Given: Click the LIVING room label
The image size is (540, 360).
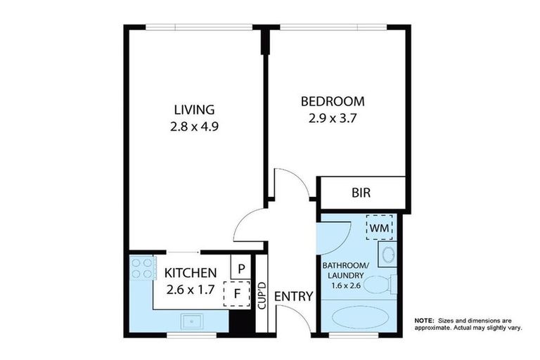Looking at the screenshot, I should (194, 110).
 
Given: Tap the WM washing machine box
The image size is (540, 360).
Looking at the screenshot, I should (380, 227).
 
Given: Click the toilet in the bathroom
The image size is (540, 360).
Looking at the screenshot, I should (382, 285).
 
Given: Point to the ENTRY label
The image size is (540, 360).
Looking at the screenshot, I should (292, 297).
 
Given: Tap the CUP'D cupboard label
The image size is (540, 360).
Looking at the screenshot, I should (262, 295).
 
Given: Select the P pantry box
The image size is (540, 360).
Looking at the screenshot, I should (240, 268).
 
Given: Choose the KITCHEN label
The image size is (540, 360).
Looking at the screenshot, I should (190, 273).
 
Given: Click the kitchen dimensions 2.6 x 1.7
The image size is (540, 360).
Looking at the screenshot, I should (190, 289).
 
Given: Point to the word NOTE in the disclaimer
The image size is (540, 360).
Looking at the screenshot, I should (424, 320).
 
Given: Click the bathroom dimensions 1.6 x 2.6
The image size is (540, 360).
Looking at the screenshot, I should (345, 286).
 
